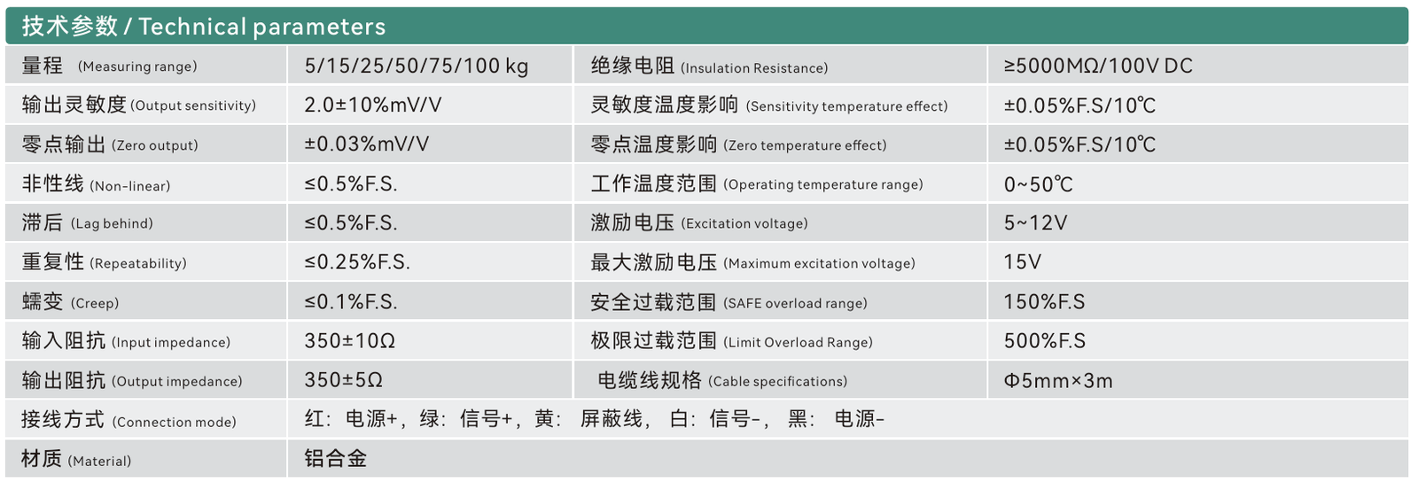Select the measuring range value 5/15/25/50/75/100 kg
(417, 66)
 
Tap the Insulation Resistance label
(709, 66)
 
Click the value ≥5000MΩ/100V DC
(1098, 66)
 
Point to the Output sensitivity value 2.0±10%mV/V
(373, 105)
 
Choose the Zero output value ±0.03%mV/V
(367, 144)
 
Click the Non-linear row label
(97, 183)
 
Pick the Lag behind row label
(88, 222)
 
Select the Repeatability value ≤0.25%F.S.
(357, 262)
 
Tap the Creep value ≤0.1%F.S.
(351, 301)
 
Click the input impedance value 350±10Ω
(350, 341)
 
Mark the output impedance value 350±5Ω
(344, 380)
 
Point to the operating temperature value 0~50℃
(1038, 184)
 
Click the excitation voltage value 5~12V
(1036, 222)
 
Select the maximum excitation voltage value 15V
(1023, 262)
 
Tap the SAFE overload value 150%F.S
(1045, 302)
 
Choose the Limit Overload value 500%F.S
(1045, 341)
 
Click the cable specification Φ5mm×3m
(1058, 380)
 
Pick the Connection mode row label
(129, 420)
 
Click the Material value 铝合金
(336, 458)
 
